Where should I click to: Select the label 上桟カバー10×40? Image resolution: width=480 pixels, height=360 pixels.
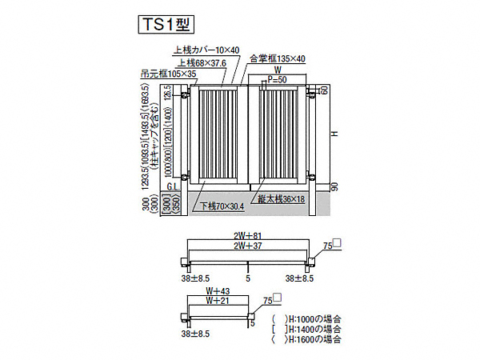205,50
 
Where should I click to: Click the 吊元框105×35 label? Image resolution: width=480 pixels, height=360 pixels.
167,73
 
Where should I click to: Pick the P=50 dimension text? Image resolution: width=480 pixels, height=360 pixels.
278,81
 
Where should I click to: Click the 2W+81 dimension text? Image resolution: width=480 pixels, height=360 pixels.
248,236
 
